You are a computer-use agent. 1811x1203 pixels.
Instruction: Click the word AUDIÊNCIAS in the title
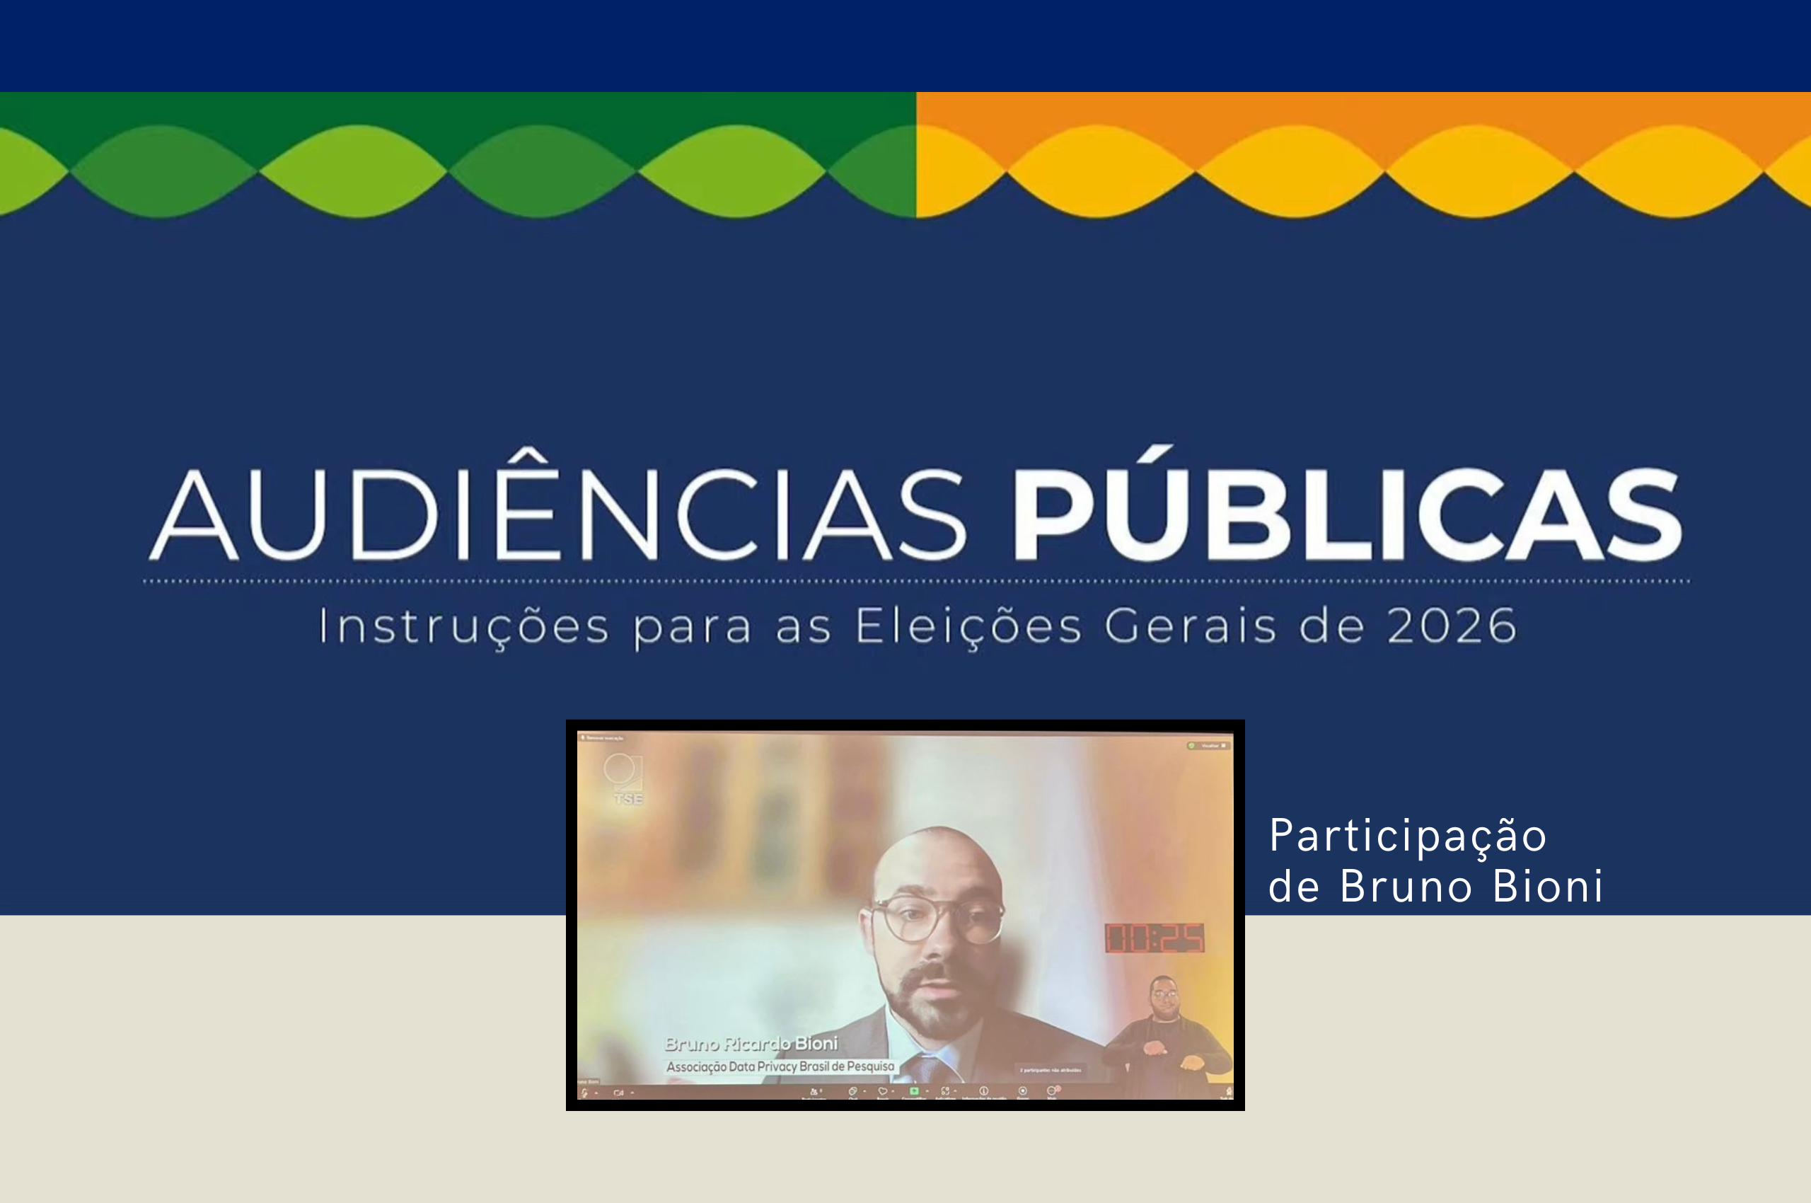(x=557, y=513)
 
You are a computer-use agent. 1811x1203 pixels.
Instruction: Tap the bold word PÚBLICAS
(x=1348, y=513)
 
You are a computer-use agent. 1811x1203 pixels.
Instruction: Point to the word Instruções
(x=463, y=627)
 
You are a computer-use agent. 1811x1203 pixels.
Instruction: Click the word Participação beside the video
(x=1408, y=836)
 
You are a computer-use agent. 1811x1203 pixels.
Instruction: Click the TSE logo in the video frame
(x=625, y=778)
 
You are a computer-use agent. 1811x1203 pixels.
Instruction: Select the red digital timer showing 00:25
(x=1155, y=938)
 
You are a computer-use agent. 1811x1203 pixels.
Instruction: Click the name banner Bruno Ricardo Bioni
(x=751, y=1043)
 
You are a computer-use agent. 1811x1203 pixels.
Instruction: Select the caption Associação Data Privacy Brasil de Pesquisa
(x=780, y=1066)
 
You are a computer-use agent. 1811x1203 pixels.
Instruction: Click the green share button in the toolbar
(x=913, y=1090)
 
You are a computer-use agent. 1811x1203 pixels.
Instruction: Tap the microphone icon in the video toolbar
(x=584, y=1093)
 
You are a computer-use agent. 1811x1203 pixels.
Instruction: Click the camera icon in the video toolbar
(x=618, y=1093)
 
